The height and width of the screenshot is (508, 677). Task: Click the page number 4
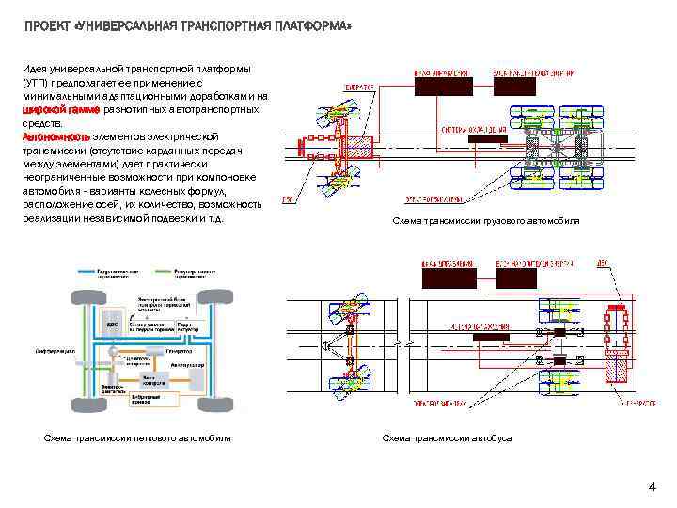(x=651, y=486)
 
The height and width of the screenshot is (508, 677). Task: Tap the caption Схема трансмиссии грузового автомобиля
(x=485, y=220)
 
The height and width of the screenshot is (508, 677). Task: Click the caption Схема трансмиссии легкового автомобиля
(x=138, y=438)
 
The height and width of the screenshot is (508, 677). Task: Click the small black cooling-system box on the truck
(x=488, y=138)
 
